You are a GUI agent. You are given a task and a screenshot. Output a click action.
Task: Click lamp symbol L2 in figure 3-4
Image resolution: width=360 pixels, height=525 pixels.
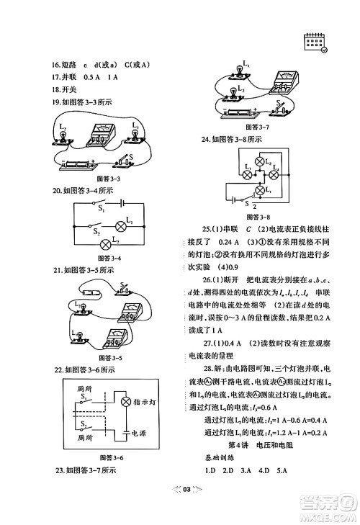click(x=109, y=243)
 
